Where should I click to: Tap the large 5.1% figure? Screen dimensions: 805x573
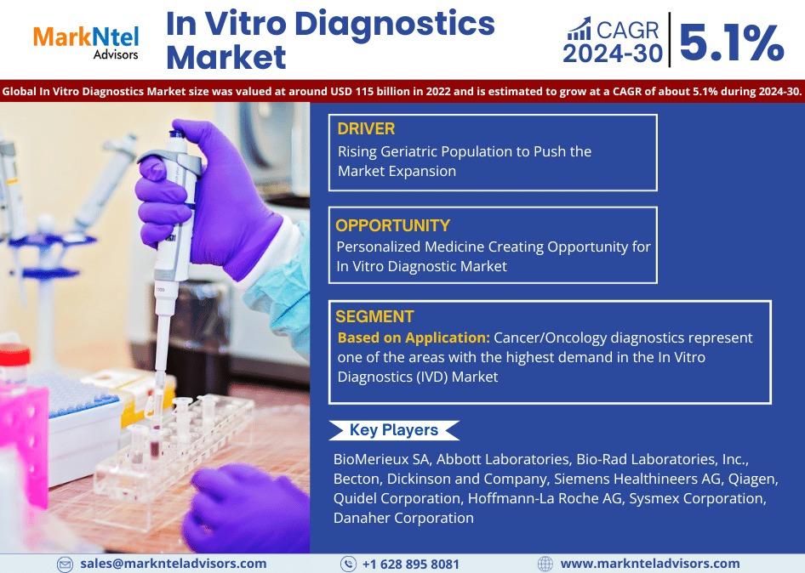732,43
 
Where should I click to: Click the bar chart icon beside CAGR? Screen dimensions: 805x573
579,29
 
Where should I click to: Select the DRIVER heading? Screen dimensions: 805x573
366,128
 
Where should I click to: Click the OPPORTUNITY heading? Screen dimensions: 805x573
393,225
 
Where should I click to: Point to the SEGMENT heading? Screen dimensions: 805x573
374,316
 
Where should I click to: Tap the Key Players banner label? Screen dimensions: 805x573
394,430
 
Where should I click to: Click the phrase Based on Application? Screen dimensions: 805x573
414,338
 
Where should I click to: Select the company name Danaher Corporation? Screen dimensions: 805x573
403,518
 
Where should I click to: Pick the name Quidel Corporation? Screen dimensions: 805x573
397,498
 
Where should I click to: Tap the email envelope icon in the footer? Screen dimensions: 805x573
65,564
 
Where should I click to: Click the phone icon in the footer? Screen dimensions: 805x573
348,564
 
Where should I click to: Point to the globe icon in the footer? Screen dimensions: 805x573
545,564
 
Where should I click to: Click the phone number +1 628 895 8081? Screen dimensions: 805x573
411,564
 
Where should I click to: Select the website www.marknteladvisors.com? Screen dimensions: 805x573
650,564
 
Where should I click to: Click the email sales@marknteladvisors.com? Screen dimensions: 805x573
173,564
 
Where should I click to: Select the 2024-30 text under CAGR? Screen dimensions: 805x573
613,54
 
